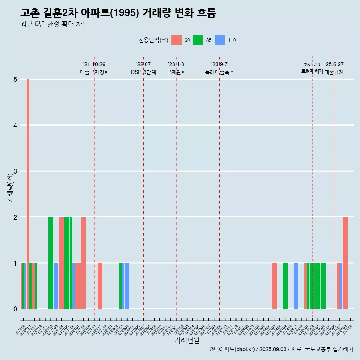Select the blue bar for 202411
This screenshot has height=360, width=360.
[296, 286]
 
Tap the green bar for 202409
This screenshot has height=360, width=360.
[285, 286]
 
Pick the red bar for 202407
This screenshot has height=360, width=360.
[274, 286]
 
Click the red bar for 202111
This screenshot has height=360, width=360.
[100, 286]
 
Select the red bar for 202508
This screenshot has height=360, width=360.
[345, 262]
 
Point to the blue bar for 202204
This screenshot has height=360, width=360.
[127, 286]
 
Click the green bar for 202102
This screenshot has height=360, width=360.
[51, 262]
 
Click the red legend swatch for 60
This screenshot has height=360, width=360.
[176, 40]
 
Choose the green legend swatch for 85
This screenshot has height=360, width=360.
[198, 40]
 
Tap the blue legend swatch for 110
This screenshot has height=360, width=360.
[220, 40]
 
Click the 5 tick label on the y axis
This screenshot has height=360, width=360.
[15, 79]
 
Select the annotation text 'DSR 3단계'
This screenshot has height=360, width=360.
[143, 72]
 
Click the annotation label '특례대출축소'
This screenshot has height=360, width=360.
[219, 72]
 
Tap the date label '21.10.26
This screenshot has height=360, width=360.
[94, 64]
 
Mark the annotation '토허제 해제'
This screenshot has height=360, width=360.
[312, 71]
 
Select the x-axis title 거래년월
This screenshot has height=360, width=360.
[187, 340]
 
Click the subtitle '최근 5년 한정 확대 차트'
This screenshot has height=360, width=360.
[54, 24]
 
